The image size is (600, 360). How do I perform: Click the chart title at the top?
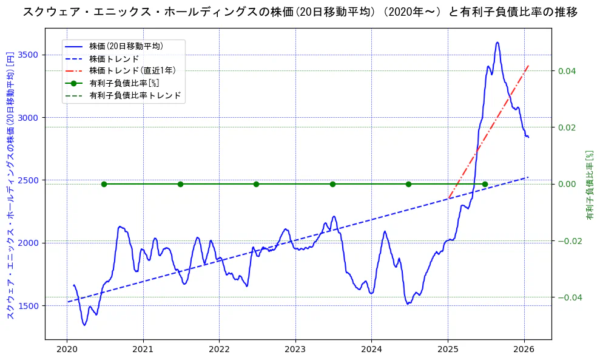(x=300, y=12)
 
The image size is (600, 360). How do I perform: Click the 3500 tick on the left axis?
(x=29, y=55)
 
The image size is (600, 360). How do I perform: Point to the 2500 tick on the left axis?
(x=29, y=180)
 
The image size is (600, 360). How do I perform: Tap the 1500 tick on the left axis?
(x=29, y=305)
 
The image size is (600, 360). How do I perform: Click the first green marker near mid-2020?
(x=104, y=184)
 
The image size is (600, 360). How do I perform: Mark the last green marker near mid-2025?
(x=485, y=184)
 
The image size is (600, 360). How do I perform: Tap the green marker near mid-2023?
(x=332, y=184)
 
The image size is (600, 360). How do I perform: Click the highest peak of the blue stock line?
(x=497, y=42)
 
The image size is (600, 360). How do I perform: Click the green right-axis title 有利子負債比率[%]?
(x=589, y=185)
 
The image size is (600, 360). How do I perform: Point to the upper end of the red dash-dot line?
(x=528, y=66)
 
